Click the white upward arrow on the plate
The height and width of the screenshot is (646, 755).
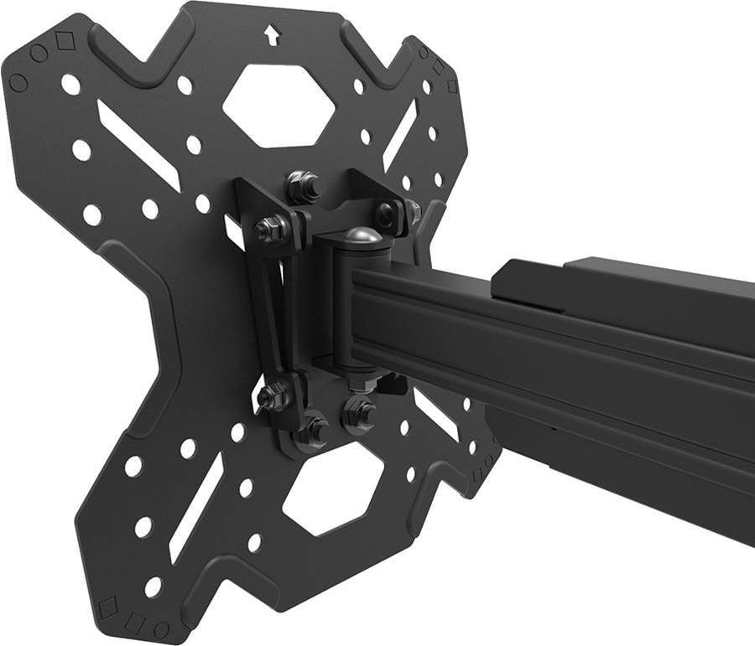pyautogui.click(x=271, y=34)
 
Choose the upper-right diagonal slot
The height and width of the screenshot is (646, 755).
pyautogui.click(x=400, y=134)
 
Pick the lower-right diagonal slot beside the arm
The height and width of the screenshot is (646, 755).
pyautogui.click(x=435, y=413)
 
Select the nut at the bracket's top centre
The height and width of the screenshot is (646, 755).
pyautogui.click(x=302, y=187)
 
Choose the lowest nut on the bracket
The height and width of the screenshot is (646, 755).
pyautogui.click(x=314, y=431)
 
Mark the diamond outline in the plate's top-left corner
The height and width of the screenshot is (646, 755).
pyautogui.click(x=65, y=40)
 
